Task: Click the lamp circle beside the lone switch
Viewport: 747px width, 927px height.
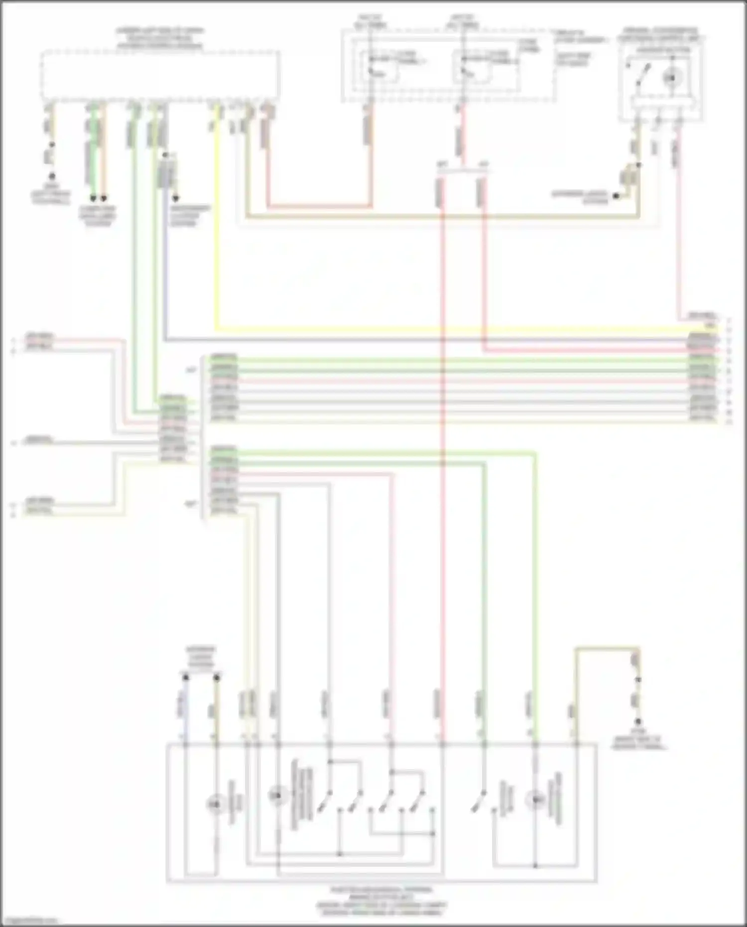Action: point(535,799)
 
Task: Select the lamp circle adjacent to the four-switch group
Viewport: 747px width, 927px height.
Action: point(277,795)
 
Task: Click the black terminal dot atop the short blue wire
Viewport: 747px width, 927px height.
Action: point(185,677)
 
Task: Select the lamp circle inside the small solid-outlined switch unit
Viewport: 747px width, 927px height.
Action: point(672,77)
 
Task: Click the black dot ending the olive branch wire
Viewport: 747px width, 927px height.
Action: point(616,196)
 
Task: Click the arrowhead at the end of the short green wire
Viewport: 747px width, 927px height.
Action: point(93,197)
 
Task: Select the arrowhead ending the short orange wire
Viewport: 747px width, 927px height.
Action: point(104,197)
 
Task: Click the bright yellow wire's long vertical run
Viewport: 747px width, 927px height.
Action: point(216,224)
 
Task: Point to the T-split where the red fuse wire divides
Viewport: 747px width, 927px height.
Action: point(462,169)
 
